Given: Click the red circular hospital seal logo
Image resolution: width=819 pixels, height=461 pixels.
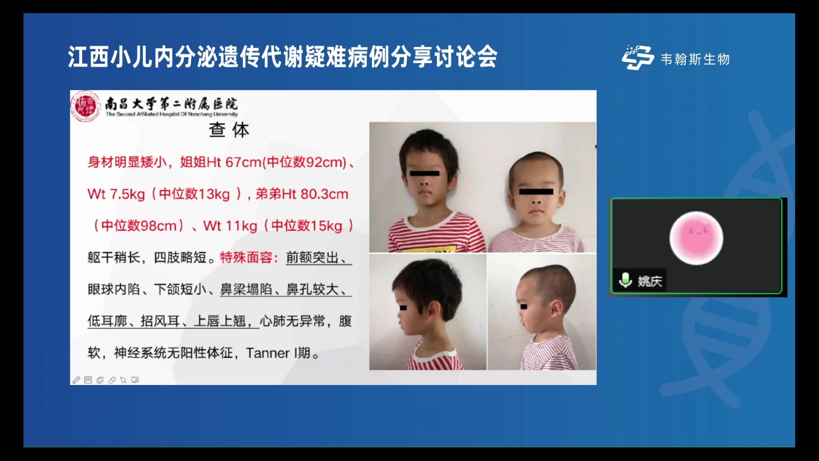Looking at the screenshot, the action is point(85,106).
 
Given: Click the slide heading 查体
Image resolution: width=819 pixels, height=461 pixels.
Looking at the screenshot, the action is point(229,130).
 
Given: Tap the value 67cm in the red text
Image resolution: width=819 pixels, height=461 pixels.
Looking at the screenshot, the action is point(243,162).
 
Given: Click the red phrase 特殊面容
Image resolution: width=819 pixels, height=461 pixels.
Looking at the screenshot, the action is point(246,257).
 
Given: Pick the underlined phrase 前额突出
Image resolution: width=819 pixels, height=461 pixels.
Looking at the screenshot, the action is point(312,257).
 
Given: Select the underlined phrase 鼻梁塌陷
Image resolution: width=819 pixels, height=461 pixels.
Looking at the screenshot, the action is point(246,289).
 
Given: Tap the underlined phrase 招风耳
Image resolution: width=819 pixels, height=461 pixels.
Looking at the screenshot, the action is point(160,321).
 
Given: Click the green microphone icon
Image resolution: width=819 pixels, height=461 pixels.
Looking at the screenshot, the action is point(625,280).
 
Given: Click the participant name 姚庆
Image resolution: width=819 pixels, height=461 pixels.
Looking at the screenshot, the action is point(650,281).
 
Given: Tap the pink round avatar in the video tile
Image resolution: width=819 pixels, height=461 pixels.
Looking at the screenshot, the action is point(696,238).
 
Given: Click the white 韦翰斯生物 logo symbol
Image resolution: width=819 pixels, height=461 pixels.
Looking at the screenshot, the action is point(638,58).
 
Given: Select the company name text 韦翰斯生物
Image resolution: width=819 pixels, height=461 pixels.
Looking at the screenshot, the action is point(695,59).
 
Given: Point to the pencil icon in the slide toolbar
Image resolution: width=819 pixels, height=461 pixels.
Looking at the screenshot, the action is point(76,380).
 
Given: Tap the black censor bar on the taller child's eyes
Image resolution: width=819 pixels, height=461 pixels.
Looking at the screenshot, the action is point(424,173).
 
